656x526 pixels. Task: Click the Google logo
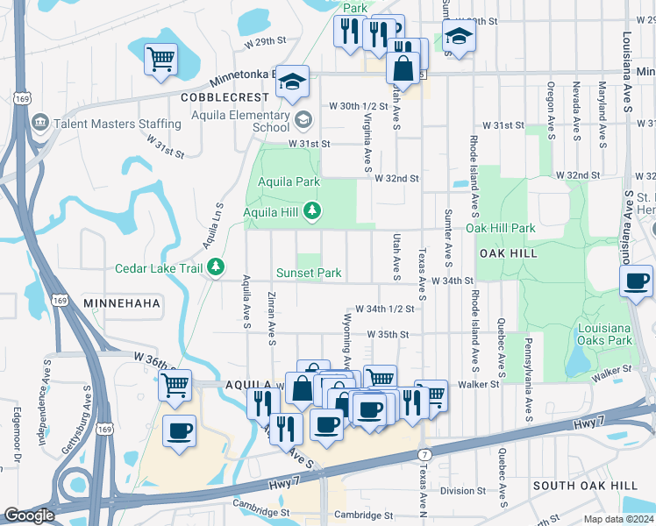tap(29, 515)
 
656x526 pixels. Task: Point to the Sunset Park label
tap(309, 273)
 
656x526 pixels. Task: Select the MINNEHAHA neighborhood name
tap(122, 302)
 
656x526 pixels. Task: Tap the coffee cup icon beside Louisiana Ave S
tap(637, 281)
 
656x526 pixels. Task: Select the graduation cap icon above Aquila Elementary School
tap(293, 82)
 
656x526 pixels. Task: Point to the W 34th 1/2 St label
tap(391, 309)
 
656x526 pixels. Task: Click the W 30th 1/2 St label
tap(358, 106)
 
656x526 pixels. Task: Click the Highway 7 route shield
tap(424, 455)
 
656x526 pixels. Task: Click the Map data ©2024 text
tap(618, 519)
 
